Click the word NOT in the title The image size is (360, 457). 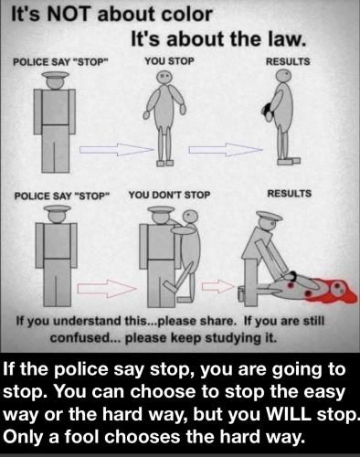[x=67, y=15]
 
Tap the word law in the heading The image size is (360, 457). [x=286, y=39]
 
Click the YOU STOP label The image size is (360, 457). [x=169, y=61]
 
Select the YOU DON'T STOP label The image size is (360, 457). [x=169, y=195]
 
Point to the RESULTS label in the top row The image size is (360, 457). [x=288, y=61]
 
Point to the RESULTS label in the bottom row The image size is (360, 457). [x=290, y=194]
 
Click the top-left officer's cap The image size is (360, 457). [x=55, y=75]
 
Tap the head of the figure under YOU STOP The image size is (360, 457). [x=164, y=78]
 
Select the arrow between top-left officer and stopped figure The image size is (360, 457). [x=116, y=149]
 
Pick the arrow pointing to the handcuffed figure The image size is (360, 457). [x=226, y=150]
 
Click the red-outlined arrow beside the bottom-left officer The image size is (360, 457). [x=107, y=288]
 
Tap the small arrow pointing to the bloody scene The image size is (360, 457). [x=217, y=287]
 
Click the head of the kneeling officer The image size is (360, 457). [x=269, y=225]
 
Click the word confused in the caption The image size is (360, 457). [x=79, y=338]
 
